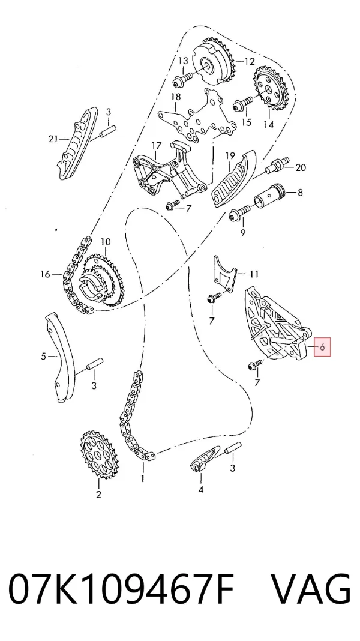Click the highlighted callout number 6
coord(322,347)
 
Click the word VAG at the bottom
coord(311,589)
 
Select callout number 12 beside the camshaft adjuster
coord(250,62)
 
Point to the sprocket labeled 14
coord(271,89)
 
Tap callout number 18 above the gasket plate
coord(176,97)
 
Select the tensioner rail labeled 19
coord(233,178)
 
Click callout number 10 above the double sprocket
coord(106,242)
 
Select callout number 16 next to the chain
coord(46,274)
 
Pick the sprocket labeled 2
coord(98,454)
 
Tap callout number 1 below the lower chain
coord(143,478)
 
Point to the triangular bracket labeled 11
coord(224,275)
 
